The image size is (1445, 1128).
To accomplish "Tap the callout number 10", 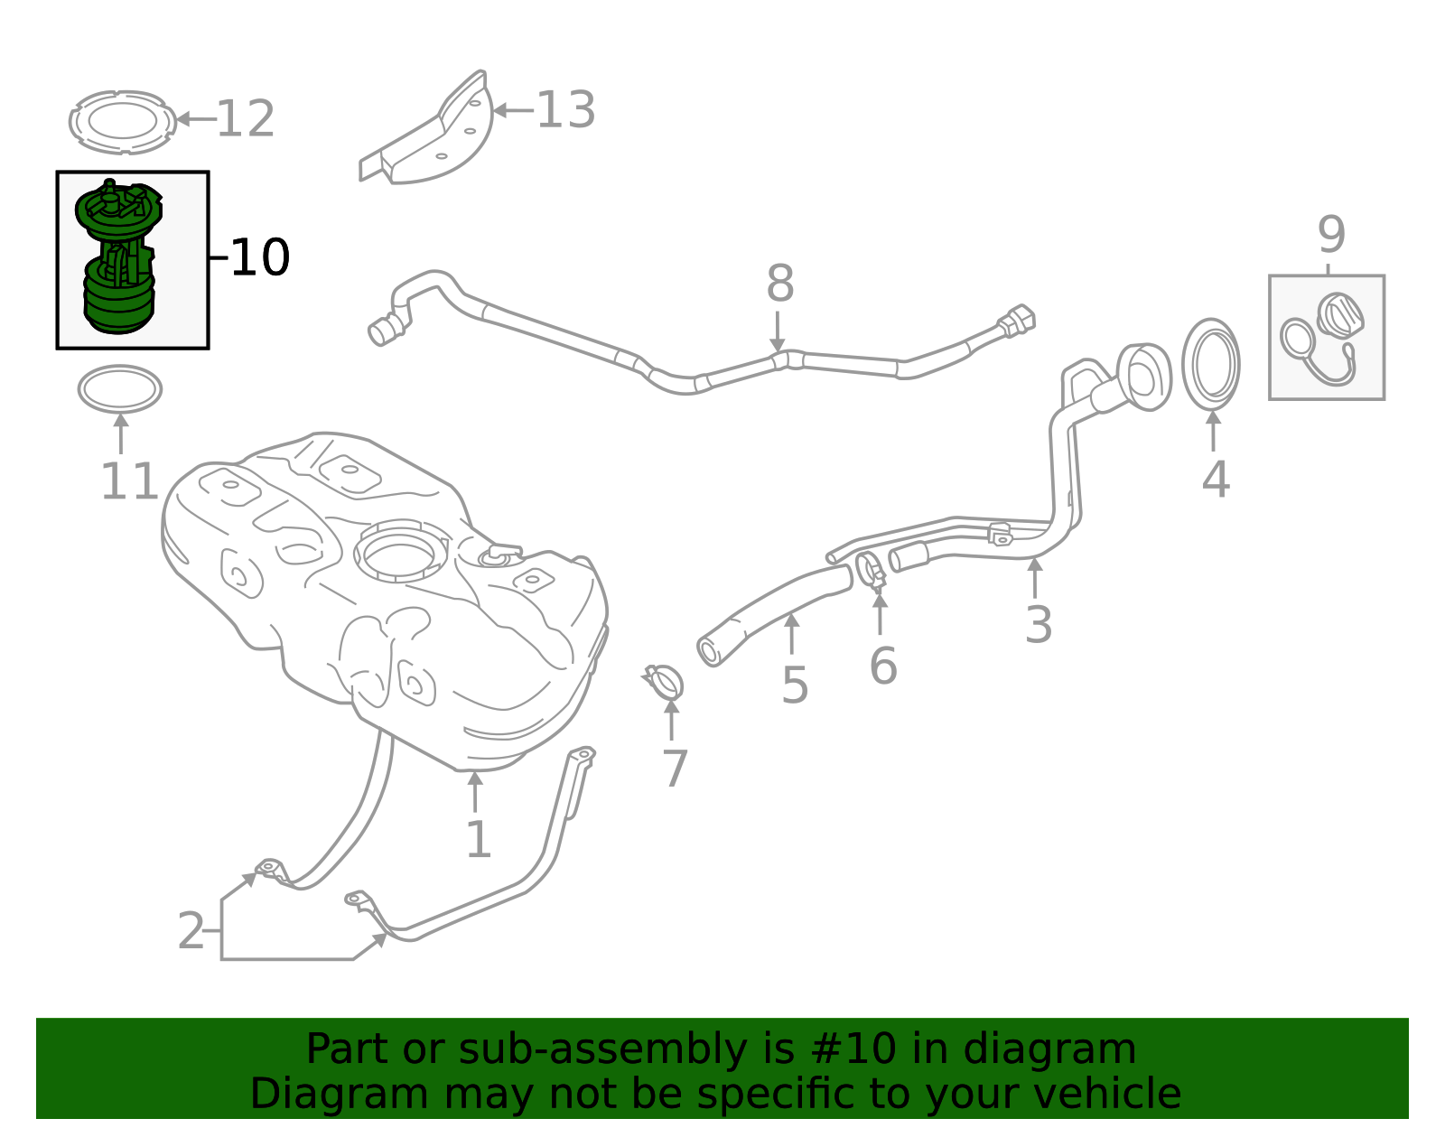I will [259, 258].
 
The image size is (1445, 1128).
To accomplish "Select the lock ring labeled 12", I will [121, 121].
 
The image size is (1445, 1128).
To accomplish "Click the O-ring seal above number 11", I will [120, 390].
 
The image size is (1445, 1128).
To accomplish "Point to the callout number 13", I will [565, 110].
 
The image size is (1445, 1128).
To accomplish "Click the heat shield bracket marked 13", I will [433, 135].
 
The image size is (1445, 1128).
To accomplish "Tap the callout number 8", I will [779, 284].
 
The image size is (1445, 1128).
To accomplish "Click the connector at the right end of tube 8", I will [1017, 321].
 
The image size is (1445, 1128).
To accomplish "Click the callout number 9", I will [1331, 235].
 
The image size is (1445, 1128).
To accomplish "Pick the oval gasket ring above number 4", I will [1211, 364].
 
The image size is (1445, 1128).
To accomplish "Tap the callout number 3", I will [1038, 624].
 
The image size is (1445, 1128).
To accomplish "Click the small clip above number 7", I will [665, 683].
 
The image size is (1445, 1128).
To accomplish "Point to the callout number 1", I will [478, 840].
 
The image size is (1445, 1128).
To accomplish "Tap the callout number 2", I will [191, 931].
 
